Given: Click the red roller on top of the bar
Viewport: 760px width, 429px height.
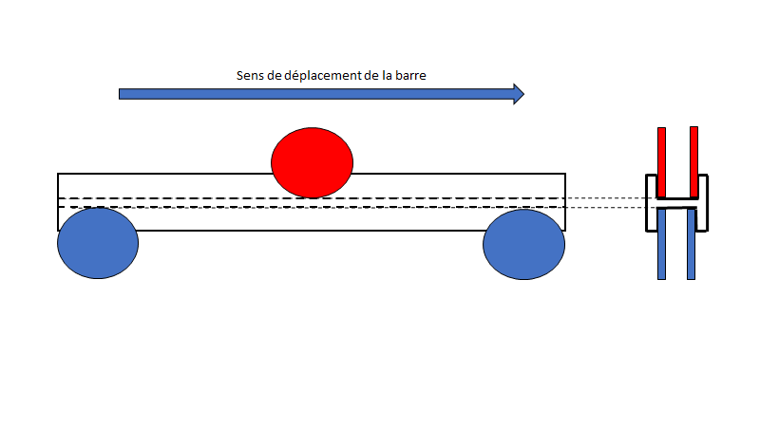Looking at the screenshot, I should click(312, 162).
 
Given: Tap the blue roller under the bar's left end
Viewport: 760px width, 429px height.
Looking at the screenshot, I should click(98, 243).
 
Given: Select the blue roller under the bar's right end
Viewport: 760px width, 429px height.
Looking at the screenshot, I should click(523, 244).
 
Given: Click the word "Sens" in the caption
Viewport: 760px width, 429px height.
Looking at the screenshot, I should click(250, 75).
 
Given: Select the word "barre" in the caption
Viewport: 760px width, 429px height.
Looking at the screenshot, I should click(422, 75).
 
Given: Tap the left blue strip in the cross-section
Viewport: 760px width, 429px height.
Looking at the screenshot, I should click(661, 245).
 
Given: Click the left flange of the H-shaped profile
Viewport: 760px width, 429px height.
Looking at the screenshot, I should click(651, 203).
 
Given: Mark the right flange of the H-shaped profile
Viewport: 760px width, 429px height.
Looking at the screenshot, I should click(704, 203).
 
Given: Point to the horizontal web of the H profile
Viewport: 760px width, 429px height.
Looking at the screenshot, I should click(677, 205).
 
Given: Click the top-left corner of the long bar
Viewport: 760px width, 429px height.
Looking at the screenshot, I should click(59, 175).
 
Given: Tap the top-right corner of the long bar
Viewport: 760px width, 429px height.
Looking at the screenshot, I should click(565, 175).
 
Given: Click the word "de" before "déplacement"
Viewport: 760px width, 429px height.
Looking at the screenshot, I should click(276, 75).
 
